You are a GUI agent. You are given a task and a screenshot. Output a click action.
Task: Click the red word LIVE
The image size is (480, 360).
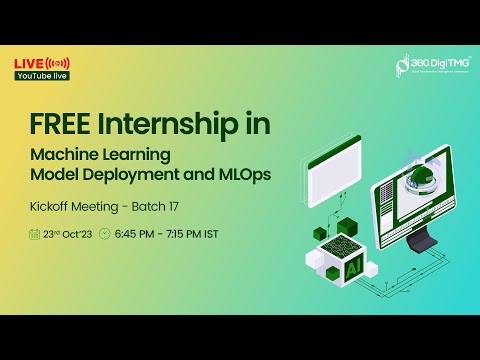coord(27,63)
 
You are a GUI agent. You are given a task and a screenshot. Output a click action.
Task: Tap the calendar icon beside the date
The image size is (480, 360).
coord(37,236)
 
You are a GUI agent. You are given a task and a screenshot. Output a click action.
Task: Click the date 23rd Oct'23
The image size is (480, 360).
coord(69,236)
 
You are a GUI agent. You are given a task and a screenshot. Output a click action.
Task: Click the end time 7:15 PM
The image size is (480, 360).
coord(196,236)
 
